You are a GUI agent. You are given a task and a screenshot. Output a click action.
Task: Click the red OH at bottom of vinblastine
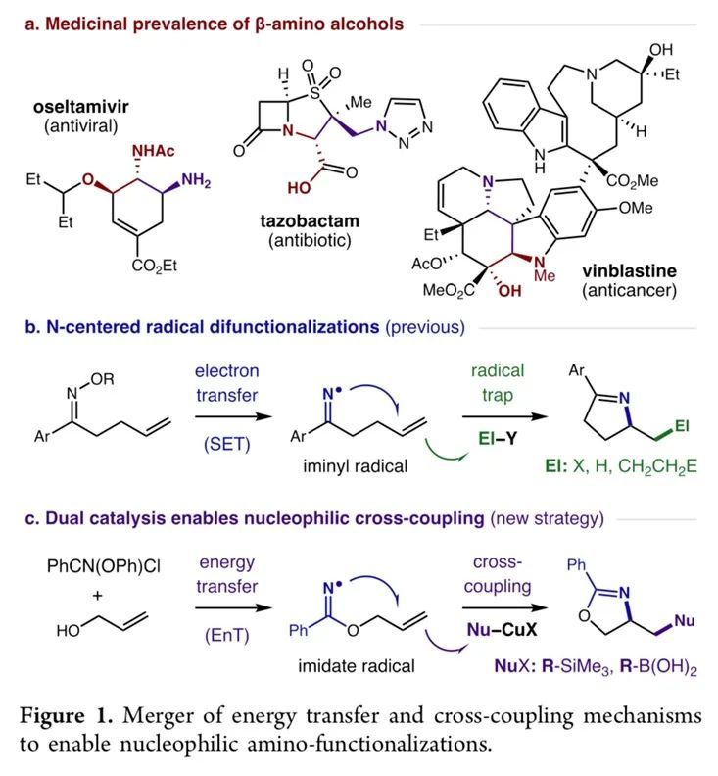tap(519, 290)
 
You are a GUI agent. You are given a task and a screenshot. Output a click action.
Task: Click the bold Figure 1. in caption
tap(63, 716)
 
